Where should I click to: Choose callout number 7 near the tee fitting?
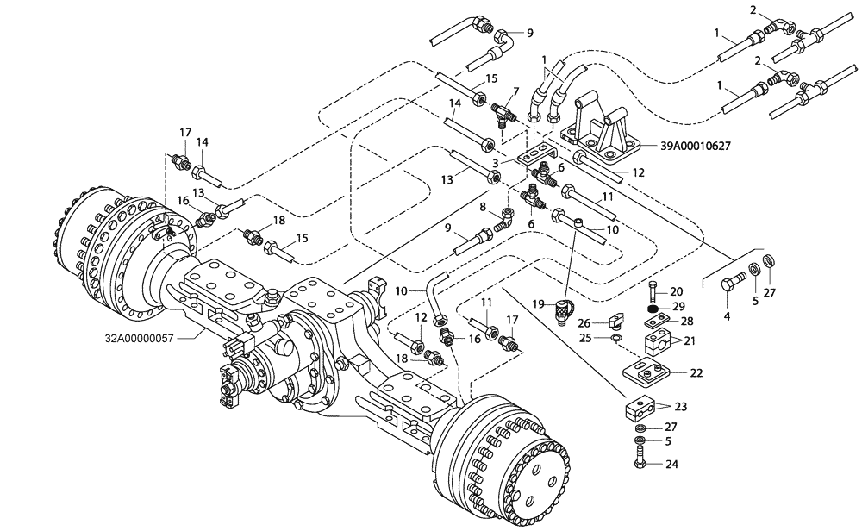click(x=515, y=91)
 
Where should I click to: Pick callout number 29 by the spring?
click(x=678, y=307)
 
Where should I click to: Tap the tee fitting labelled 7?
click(x=503, y=110)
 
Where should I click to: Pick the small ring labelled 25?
click(x=614, y=339)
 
